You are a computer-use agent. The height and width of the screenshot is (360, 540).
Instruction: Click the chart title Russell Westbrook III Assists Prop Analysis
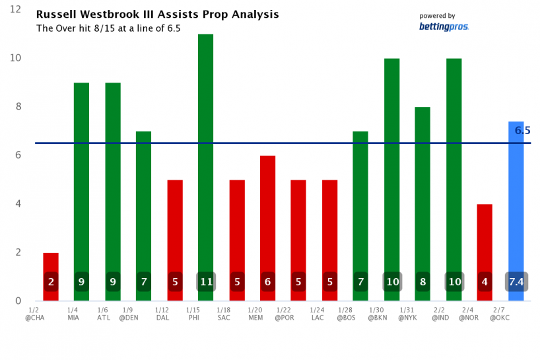[x=157, y=14]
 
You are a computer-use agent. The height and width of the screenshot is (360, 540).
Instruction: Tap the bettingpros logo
[x=444, y=26]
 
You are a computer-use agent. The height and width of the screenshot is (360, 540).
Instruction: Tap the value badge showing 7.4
[x=516, y=282]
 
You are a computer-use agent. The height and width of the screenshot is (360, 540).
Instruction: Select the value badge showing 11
[x=205, y=282]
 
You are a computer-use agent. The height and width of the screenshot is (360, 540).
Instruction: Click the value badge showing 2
[x=51, y=282]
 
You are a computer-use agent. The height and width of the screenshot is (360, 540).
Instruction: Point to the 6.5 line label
[x=523, y=131]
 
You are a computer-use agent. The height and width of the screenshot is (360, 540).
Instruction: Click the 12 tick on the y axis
[x=16, y=10]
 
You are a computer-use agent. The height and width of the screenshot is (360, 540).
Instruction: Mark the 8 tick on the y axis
[x=18, y=106]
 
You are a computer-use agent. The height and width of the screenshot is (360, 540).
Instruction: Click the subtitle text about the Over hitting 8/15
[x=108, y=28]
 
